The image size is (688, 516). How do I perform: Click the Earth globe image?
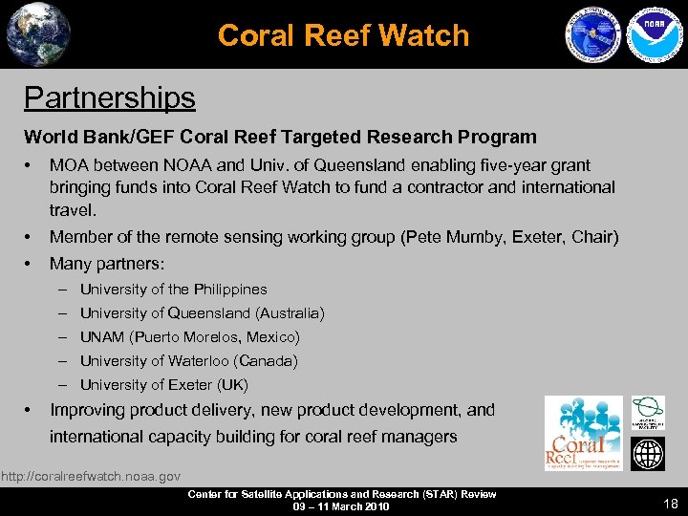(x=37, y=34)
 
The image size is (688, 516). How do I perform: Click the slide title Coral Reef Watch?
(x=343, y=35)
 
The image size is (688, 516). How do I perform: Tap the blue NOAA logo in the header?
(x=650, y=34)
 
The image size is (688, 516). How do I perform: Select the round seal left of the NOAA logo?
(x=593, y=35)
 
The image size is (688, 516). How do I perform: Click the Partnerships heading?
(x=109, y=97)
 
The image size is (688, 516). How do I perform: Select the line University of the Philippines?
(x=173, y=289)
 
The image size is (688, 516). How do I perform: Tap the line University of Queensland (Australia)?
(x=202, y=312)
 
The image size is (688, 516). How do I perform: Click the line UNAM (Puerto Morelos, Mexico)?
(x=189, y=336)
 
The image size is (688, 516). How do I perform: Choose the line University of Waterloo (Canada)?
(x=188, y=360)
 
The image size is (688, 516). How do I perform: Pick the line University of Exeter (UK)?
(x=163, y=385)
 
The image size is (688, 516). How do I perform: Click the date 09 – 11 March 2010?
(x=342, y=506)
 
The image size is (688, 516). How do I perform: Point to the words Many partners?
(x=106, y=263)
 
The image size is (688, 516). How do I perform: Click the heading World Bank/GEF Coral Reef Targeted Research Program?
(x=280, y=137)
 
